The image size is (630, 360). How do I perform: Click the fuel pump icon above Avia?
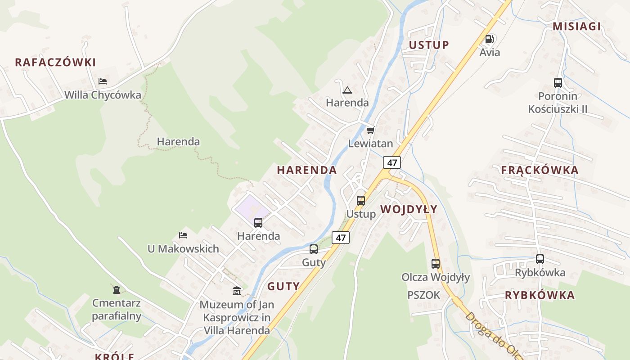point(489,39)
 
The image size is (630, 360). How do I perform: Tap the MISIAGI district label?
point(576,27)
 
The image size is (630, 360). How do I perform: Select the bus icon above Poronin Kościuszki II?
point(558,83)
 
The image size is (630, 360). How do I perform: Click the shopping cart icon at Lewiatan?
point(370,130)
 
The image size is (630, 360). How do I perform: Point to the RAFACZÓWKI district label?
point(55,63)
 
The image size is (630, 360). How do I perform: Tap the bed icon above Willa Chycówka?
point(103,81)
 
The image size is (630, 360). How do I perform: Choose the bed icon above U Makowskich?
point(183,235)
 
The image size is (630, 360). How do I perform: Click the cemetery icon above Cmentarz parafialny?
point(117,289)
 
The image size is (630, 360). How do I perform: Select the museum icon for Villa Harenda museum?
point(236,291)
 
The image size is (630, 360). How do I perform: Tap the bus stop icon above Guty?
point(314,249)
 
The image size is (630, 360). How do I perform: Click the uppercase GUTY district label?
point(283,287)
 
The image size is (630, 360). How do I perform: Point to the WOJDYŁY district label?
point(409,209)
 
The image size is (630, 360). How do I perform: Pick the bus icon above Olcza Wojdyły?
point(436,264)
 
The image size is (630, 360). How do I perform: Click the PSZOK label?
point(423,295)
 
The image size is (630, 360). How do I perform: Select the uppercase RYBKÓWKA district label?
point(540,296)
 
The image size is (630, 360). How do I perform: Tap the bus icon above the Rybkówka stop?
point(540,259)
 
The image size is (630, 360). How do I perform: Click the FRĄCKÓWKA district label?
point(540,171)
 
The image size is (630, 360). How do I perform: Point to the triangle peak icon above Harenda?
point(347,90)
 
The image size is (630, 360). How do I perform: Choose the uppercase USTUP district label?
point(429,45)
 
